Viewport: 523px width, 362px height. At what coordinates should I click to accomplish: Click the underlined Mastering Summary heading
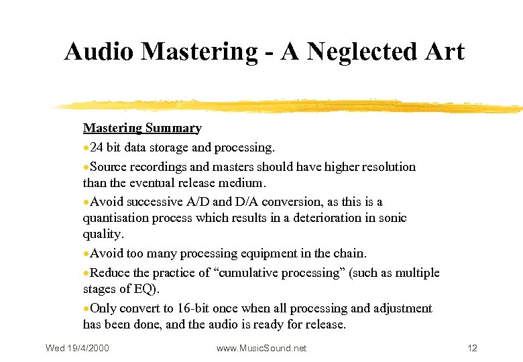tap(142, 128)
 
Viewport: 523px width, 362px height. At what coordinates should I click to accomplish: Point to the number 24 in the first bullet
tap(97, 147)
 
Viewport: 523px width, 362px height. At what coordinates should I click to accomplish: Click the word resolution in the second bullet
tap(388, 167)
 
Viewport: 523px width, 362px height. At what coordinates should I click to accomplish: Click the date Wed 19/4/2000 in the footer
tap(77, 348)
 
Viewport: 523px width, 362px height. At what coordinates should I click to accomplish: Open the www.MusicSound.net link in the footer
tap(261, 348)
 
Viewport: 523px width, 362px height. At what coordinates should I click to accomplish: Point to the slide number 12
tap(472, 348)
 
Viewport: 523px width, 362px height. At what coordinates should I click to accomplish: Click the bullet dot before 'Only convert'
tap(86, 309)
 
